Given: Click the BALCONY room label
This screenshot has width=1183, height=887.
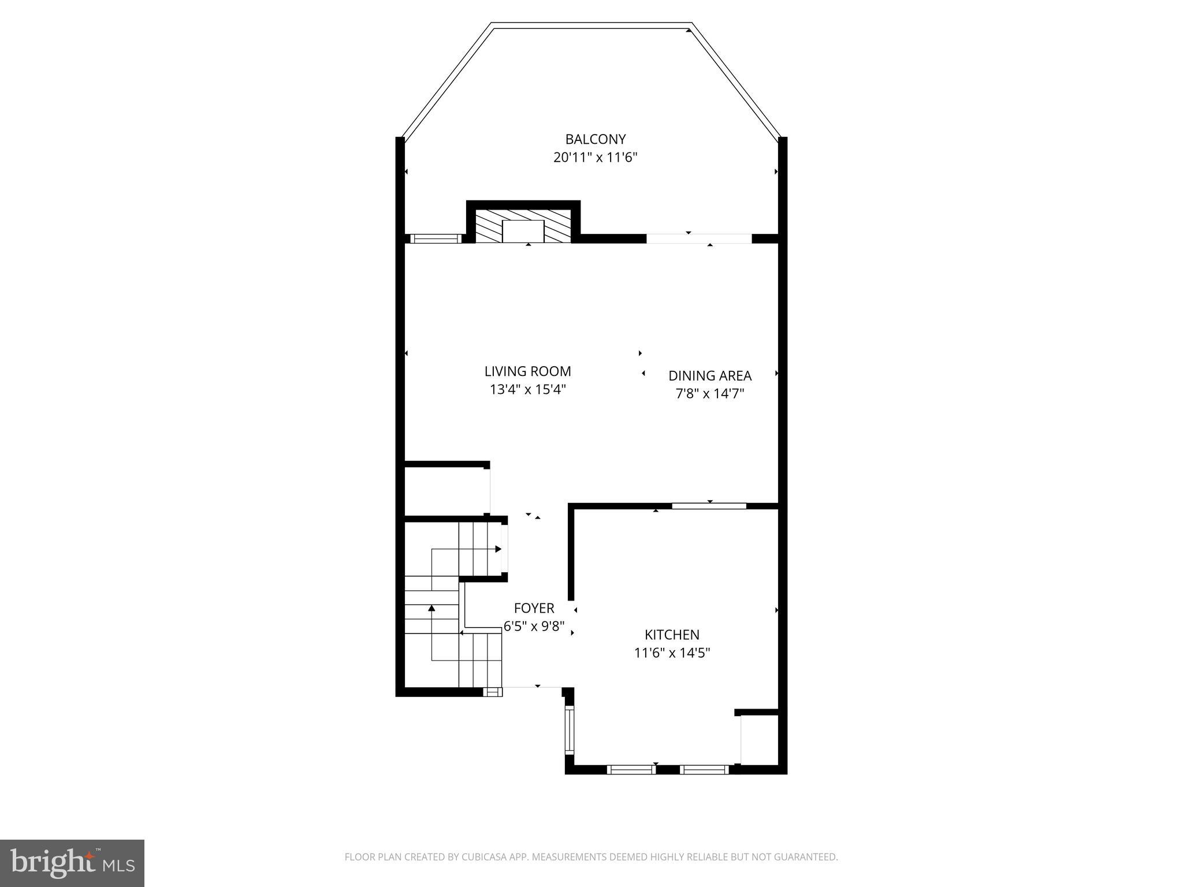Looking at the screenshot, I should coord(595,139).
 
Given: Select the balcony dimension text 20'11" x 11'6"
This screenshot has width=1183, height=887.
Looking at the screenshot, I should coord(595,157).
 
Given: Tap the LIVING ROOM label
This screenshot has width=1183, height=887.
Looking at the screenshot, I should coord(527,371).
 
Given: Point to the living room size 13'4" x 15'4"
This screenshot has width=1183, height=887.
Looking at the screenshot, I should coord(527,390).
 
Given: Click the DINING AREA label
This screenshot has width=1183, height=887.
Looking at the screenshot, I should coord(710,376).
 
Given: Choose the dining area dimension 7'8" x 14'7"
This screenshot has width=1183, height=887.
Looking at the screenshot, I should coord(710,394).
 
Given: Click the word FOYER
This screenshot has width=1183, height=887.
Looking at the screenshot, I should coord(534,608).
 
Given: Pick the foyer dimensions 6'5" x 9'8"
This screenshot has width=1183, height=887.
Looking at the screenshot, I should coord(534,627).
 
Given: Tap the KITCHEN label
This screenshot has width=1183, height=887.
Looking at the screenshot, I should coord(672,635).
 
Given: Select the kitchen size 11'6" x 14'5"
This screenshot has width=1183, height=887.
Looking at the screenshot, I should coord(672,653).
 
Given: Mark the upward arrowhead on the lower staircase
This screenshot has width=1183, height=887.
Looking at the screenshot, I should coord(431,608).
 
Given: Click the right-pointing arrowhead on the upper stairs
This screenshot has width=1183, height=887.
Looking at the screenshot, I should coord(498,549).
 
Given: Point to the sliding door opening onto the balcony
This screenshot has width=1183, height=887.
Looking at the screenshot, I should coord(698,238).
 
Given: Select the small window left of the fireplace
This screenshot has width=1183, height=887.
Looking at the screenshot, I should coord(436,238).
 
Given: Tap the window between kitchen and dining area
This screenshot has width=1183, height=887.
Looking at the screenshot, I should coord(709,506).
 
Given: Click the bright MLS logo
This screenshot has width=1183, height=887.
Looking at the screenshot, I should coord(72,863).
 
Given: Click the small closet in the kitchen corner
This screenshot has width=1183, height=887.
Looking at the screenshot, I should coord(759,740).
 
